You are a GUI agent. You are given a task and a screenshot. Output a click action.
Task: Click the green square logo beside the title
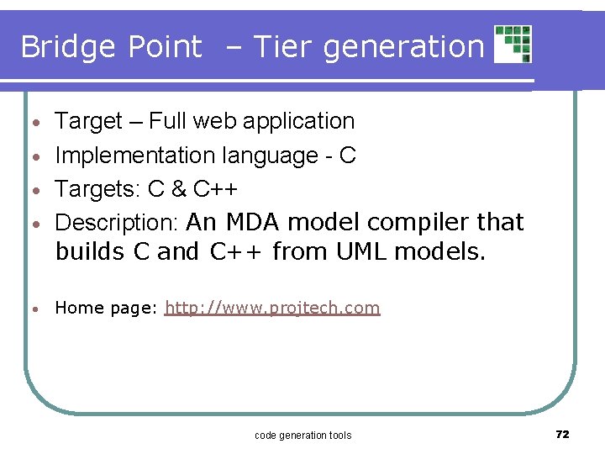coord(513,44)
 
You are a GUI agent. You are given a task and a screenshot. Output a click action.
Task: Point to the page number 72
coord(563,434)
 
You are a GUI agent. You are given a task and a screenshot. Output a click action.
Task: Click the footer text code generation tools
coord(302,435)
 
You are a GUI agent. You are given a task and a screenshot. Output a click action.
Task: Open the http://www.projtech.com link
coord(272,308)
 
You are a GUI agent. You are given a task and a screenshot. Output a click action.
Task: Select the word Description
coord(117,223)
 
